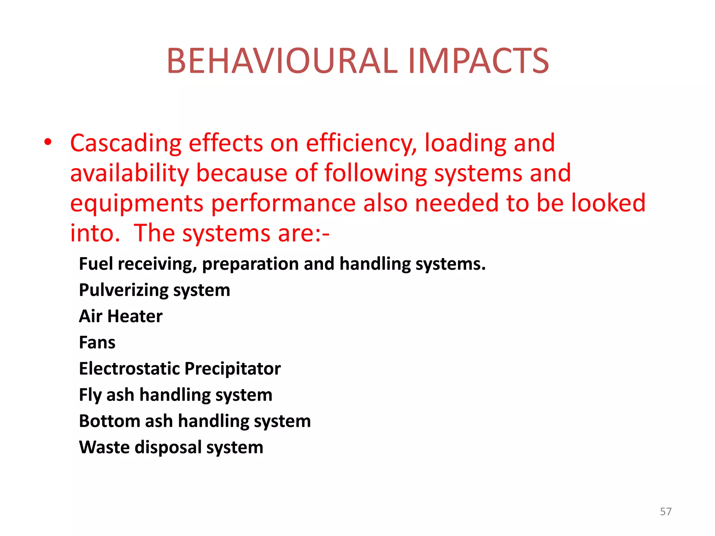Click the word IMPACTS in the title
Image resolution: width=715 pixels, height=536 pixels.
click(x=478, y=61)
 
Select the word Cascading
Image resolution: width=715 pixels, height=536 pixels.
click(x=126, y=143)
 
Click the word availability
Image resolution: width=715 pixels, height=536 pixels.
click(x=130, y=173)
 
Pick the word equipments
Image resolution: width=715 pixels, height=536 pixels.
click(x=137, y=204)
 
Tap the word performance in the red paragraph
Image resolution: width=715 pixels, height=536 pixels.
click(x=283, y=203)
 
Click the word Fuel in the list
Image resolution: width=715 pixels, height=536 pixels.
click(x=96, y=264)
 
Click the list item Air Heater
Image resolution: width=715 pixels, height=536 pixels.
click(x=120, y=316)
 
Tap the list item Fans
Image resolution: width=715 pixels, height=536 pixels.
click(x=97, y=342)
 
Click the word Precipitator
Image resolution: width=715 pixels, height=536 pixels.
click(x=233, y=368)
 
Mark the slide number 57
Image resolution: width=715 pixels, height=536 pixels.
click(x=665, y=512)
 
